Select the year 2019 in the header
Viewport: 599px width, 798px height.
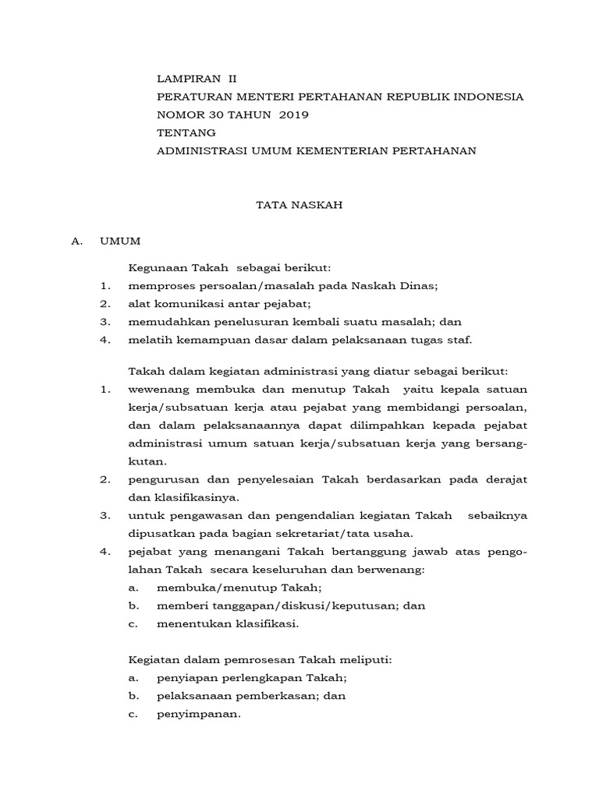(x=294, y=115)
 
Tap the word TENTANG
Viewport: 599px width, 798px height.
(x=186, y=132)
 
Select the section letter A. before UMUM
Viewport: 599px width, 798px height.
(x=76, y=242)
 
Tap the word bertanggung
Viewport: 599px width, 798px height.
(x=354, y=552)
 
